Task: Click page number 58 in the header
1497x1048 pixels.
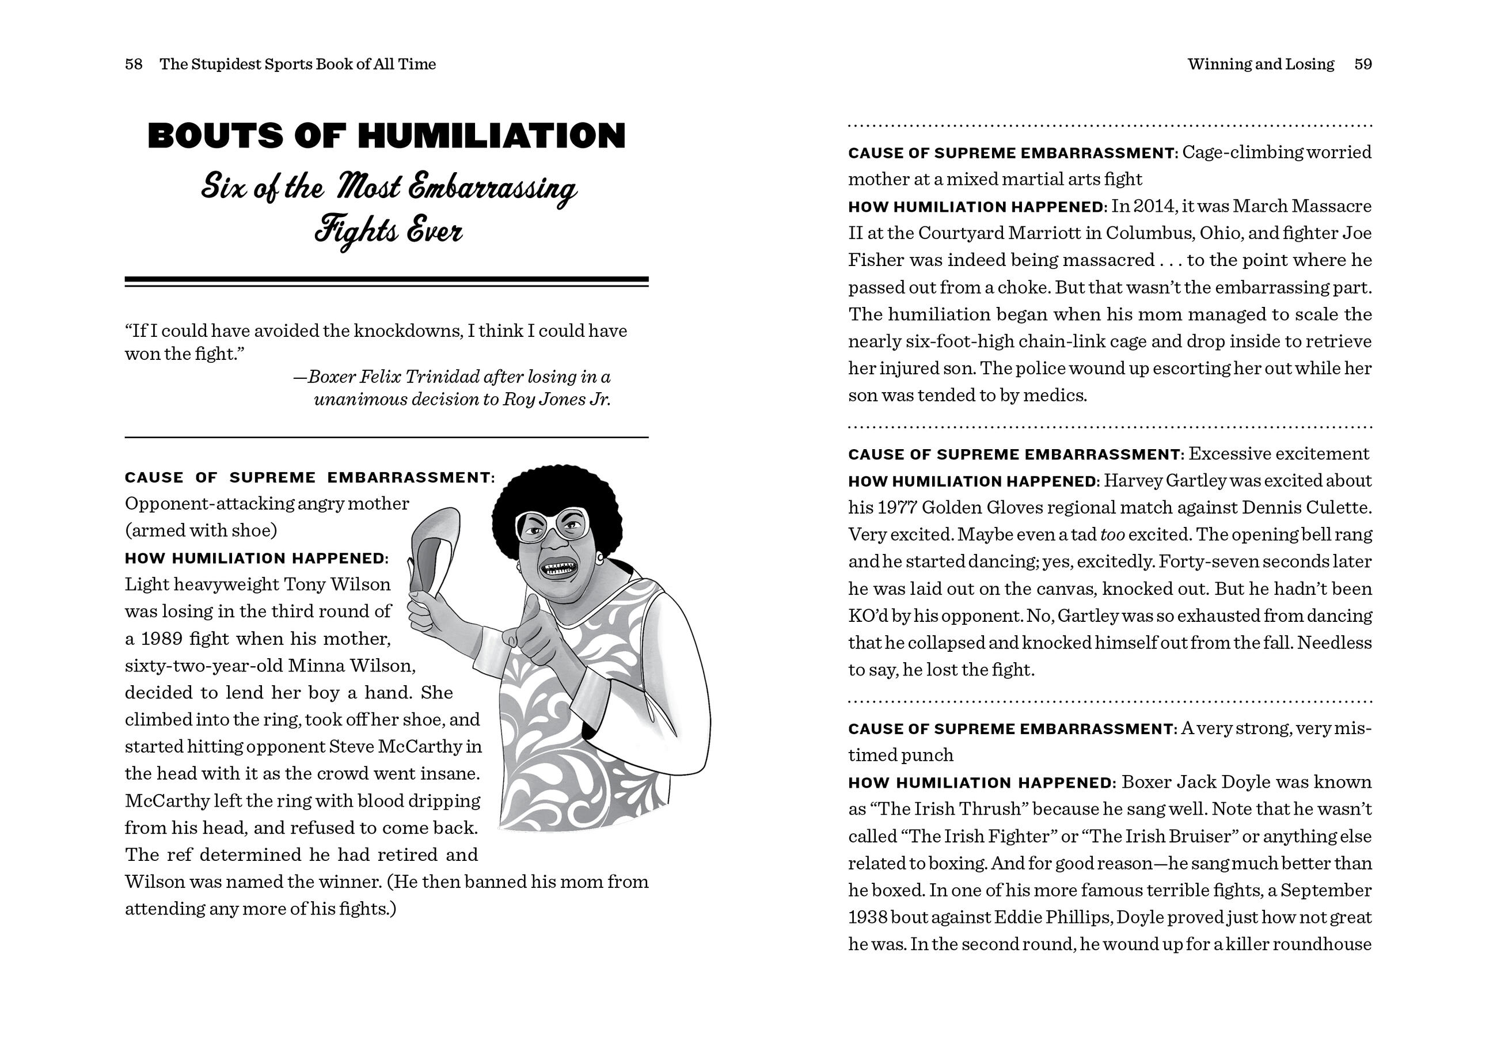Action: pyautogui.click(x=134, y=64)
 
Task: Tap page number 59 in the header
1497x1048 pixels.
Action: pyautogui.click(x=1363, y=64)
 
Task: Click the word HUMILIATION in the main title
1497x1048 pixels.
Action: pyautogui.click(x=492, y=136)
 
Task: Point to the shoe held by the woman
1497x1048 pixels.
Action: pyautogui.click(x=435, y=548)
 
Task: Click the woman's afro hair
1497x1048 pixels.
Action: pyautogui.click(x=554, y=489)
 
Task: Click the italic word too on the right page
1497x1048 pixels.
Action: pyautogui.click(x=1112, y=535)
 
